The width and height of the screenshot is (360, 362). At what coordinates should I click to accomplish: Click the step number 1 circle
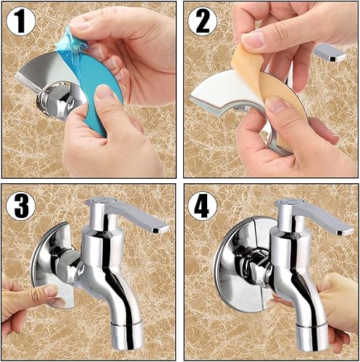(x=21, y=21)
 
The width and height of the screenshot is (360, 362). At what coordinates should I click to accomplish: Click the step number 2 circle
(x=202, y=21)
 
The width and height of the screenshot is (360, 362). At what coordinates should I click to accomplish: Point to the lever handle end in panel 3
(x=162, y=228)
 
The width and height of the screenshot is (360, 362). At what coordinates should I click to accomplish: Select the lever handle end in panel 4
(x=345, y=231)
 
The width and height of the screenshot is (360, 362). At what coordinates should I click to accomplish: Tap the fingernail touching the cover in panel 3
(x=51, y=290)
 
